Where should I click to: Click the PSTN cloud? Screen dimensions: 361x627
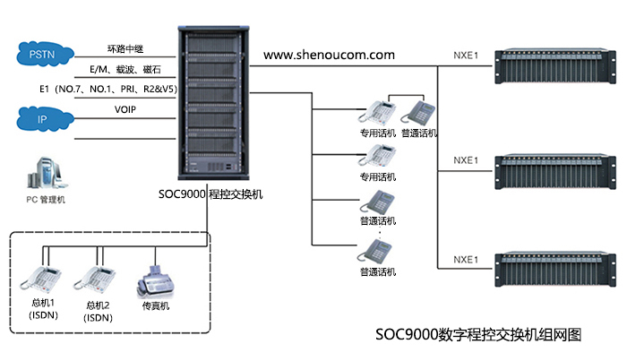click(41, 56)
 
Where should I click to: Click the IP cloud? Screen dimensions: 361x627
click(41, 117)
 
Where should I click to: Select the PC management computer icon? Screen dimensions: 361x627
click(45, 170)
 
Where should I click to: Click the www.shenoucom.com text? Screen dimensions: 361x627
click(329, 55)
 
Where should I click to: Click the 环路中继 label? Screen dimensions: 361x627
click(125, 49)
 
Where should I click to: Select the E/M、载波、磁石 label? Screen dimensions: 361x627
click(125, 69)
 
